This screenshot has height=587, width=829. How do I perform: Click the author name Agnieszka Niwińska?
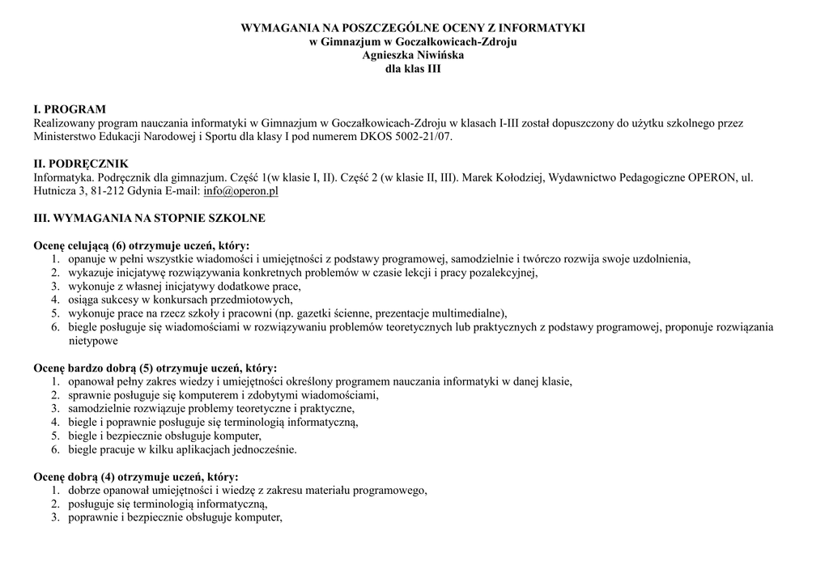point(413,55)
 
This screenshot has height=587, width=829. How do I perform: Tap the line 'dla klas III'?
point(413,69)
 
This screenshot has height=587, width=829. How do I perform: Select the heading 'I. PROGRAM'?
point(70,109)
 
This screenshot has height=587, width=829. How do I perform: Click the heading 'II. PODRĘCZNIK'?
point(80,164)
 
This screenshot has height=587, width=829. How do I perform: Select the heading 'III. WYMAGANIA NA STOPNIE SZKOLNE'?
point(149,219)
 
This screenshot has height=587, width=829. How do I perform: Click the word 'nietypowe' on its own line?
point(93,341)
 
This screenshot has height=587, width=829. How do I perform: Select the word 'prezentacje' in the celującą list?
point(414,313)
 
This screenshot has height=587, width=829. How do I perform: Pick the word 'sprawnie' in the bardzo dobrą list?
point(89,395)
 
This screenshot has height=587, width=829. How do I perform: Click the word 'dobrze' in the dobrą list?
point(84,491)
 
